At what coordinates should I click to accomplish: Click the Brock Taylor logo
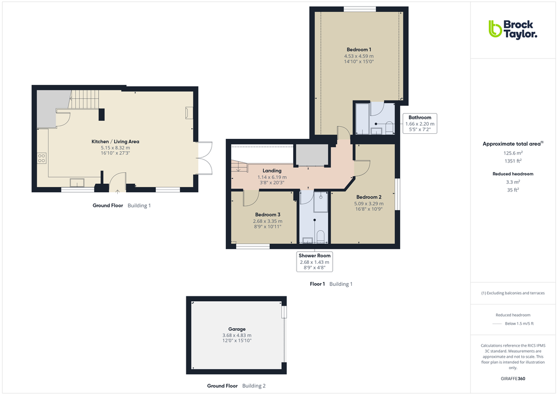513,29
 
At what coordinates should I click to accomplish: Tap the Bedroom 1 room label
358,50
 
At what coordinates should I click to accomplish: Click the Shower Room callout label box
314,262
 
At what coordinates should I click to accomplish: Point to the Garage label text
237,329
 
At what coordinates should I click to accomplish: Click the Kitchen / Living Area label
115,142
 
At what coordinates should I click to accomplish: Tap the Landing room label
272,171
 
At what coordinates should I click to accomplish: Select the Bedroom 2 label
368,197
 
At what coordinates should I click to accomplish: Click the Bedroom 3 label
267,215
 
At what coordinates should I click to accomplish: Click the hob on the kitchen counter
42,159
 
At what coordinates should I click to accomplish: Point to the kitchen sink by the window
76,183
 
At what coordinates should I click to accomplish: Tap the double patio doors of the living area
204,157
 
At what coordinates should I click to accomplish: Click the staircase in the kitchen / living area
84,99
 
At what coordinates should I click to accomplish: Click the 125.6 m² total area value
513,154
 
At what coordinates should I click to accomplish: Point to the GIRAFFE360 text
513,379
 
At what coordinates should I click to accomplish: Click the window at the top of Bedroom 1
360,8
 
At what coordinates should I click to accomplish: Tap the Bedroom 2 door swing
362,167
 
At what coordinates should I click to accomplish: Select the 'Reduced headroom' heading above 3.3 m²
513,174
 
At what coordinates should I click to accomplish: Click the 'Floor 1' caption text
317,284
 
